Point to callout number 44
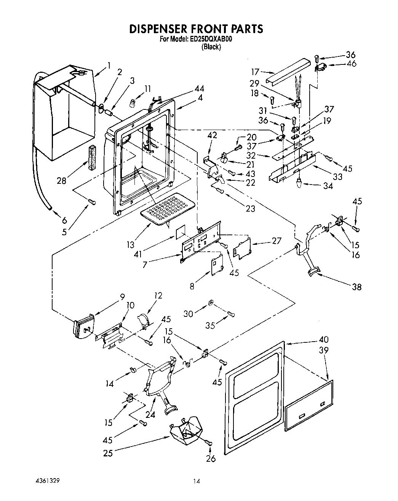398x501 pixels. coord(199,88)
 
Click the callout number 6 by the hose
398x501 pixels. coord(64,220)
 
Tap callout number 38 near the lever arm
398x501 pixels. coord(356,287)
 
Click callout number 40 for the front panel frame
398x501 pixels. coord(323,339)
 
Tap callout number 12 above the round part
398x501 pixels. coord(158,295)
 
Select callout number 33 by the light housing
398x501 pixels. coord(337,177)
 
